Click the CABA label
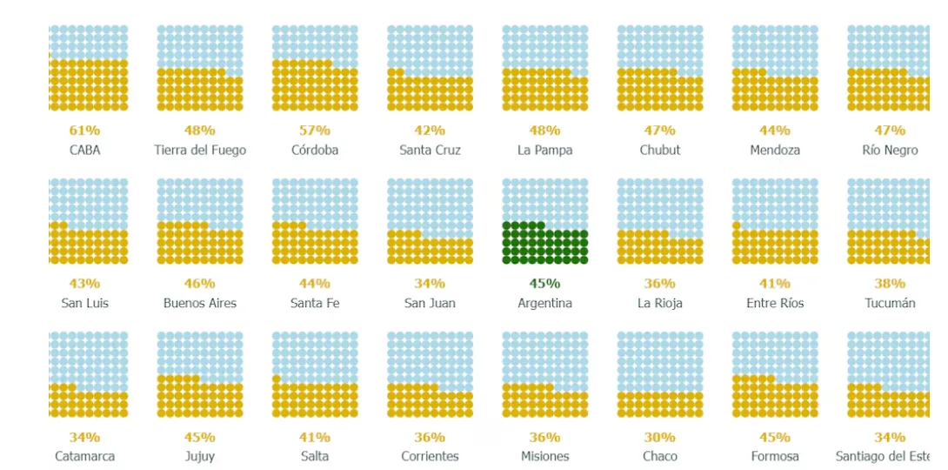tap(84, 150)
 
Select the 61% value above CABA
tap(84, 131)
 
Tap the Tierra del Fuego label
tap(200, 150)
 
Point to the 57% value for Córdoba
tap(315, 131)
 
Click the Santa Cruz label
tap(430, 150)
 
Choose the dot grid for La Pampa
tap(545, 68)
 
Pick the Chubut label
tap(660, 150)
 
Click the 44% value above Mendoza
tap(775, 131)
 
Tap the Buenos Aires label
tap(200, 303)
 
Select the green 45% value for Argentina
tap(545, 284)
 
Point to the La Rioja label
tap(660, 303)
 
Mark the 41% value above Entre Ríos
tap(775, 284)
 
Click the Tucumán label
tap(890, 303)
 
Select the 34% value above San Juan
tap(430, 284)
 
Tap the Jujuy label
tap(200, 456)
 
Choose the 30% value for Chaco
tap(660, 437)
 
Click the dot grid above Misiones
tap(545, 374)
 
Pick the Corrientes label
tap(430, 456)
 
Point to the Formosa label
tap(775, 456)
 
